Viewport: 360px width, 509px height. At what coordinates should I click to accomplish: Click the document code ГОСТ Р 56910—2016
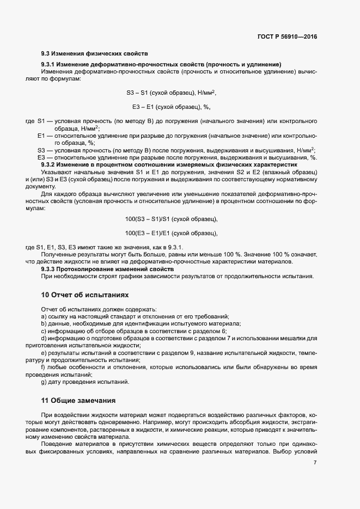286,36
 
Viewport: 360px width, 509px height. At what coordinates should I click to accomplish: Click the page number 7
315,463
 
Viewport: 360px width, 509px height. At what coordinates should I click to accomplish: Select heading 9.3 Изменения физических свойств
94,54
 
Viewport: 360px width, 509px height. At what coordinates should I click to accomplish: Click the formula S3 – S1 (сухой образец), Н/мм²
172,93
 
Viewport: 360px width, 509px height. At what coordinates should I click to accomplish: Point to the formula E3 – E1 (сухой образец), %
172,107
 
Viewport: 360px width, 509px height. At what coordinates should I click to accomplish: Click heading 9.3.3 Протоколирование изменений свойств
107,269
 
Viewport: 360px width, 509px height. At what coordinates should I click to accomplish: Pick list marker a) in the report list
44,317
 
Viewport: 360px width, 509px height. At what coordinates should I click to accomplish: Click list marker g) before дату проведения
44,382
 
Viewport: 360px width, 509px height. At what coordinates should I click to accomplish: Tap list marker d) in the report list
44,339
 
